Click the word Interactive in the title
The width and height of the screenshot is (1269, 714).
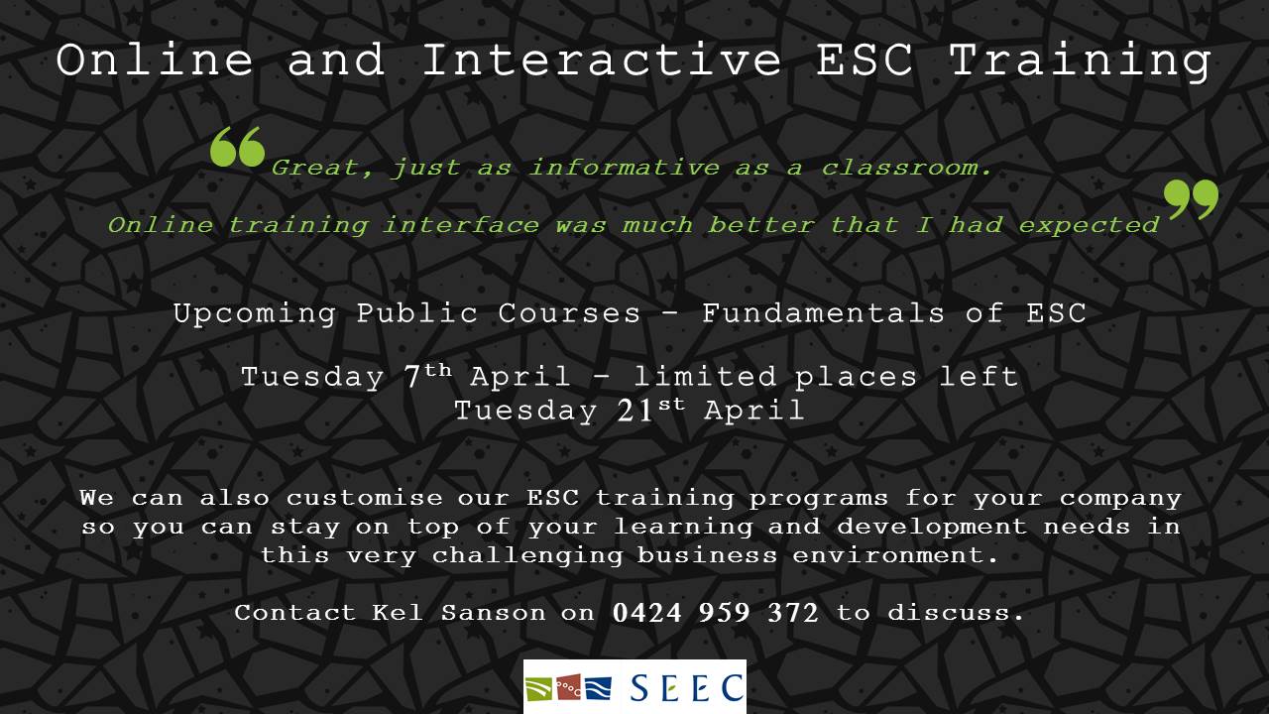(x=602, y=59)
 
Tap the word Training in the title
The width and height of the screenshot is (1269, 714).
(x=1081, y=62)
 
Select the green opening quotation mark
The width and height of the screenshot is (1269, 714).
(x=237, y=147)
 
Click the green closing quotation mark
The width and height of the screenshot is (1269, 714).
(x=1191, y=199)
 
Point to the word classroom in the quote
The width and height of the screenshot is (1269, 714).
(x=906, y=168)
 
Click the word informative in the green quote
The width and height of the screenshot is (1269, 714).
(x=625, y=168)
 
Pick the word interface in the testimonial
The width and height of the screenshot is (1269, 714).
(x=461, y=225)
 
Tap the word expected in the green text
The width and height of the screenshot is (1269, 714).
(x=1089, y=226)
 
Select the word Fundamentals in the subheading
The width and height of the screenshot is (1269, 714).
(x=823, y=312)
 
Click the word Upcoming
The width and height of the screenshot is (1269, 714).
(x=255, y=314)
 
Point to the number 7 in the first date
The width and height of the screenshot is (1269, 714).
(x=411, y=378)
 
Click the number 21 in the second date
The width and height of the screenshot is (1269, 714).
(x=634, y=412)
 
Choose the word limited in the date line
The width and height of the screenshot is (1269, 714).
(x=705, y=376)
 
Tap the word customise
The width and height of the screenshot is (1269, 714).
(x=364, y=498)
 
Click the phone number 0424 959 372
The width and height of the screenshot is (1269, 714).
(x=716, y=613)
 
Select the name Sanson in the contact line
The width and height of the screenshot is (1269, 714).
(x=494, y=613)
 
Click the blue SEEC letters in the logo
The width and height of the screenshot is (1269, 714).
(x=687, y=688)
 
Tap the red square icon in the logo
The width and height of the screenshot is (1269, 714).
(x=568, y=688)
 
